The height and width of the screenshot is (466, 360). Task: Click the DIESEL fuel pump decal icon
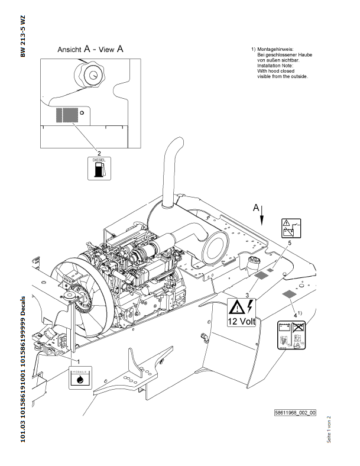click(x=99, y=169)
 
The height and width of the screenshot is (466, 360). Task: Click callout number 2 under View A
click(x=99, y=152)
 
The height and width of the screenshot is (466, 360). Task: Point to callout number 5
click(x=290, y=242)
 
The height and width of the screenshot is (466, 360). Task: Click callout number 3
click(x=247, y=293)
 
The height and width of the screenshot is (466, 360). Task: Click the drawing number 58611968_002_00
click(x=295, y=413)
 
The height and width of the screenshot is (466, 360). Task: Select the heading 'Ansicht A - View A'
click(x=90, y=50)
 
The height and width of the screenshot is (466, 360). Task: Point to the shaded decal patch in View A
click(x=67, y=114)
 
